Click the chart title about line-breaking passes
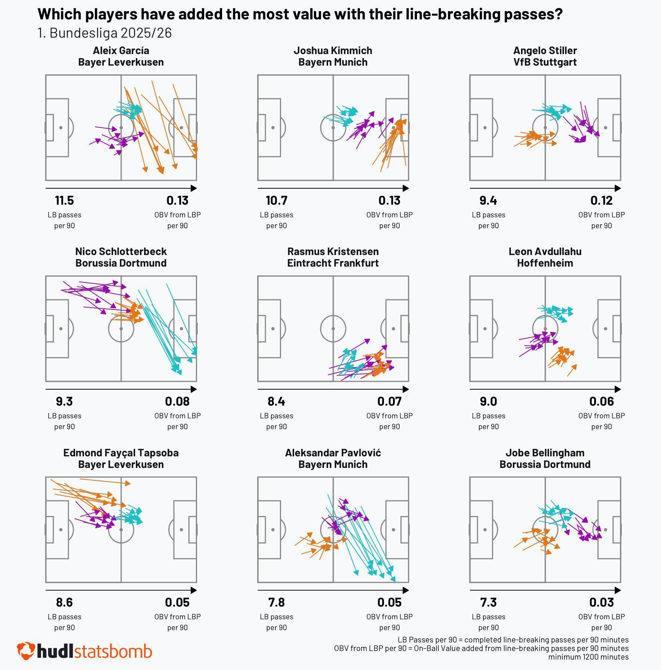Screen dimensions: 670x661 tap(300, 14)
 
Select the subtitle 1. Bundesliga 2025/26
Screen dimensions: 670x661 tap(105, 33)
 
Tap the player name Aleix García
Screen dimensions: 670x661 tap(121, 50)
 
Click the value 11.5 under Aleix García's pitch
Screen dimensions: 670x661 tap(64, 201)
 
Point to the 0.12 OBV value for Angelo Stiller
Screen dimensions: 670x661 tap(601, 201)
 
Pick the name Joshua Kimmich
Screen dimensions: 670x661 tap(333, 50)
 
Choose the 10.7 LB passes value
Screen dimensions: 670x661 tap(276, 201)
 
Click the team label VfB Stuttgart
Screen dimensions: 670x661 tap(545, 62)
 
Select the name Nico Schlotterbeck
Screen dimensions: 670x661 tap(121, 251)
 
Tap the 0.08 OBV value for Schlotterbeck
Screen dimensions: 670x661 tap(177, 402)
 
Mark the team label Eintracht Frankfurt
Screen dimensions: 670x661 tap(333, 263)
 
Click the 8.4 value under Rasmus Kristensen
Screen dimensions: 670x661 tap(276, 402)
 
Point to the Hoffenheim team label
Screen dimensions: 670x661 tap(545, 263)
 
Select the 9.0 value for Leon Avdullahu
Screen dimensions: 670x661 tap(488, 402)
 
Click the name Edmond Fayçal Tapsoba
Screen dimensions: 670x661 tap(121, 453)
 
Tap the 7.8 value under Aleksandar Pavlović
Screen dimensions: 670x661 tap(276, 603)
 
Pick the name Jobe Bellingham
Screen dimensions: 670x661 tap(545, 453)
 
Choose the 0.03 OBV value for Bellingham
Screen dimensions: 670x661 tap(601, 603)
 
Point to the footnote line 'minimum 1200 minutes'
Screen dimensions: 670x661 tap(588, 657)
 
